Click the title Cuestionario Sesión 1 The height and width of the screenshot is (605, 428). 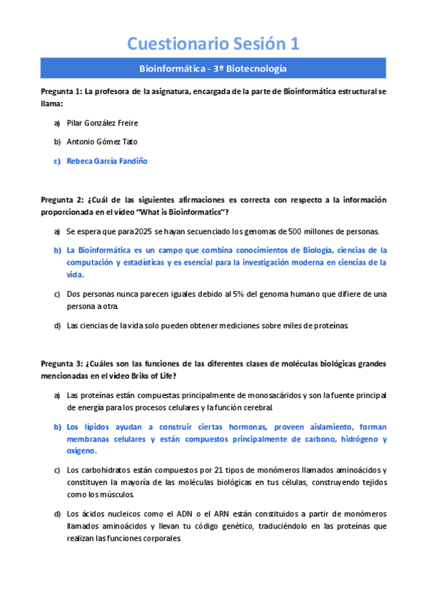pyautogui.click(x=213, y=44)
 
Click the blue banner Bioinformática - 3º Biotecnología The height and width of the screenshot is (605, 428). pyautogui.click(x=213, y=69)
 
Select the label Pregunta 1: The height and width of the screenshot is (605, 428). pyautogui.click(x=61, y=92)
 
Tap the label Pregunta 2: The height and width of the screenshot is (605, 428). pyautogui.click(x=61, y=200)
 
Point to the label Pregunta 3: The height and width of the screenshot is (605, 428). pyautogui.click(x=61, y=363)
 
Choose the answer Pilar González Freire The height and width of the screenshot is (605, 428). pyautogui.click(x=102, y=123)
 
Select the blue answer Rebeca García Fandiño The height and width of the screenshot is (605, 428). pyautogui.click(x=107, y=161)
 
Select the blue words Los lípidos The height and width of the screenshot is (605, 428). pyautogui.click(x=87, y=427)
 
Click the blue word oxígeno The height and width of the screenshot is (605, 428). pyautogui.click(x=81, y=451)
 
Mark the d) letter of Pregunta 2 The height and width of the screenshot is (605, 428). pyautogui.click(x=57, y=325)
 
